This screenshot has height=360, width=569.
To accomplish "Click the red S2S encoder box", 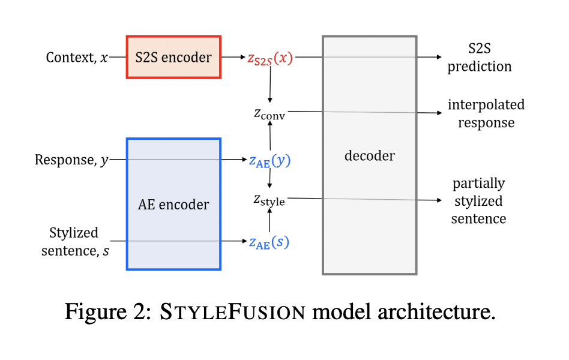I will tap(173, 57).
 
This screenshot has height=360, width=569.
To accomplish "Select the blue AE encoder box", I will tap(173, 204).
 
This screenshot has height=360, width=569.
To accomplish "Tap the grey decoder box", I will tap(369, 155).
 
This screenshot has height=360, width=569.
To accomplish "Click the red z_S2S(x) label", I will tap(270, 58).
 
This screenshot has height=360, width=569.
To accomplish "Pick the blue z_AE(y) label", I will tap(269, 160).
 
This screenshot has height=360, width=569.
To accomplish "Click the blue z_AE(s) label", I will tap(269, 242).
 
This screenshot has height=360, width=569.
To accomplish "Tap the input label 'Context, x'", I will tap(77, 58).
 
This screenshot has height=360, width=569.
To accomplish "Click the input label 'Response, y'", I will tap(72, 160).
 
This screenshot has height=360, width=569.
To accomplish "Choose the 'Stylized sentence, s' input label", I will tap(75, 241).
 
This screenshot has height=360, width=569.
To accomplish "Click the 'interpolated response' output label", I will tap(486, 113).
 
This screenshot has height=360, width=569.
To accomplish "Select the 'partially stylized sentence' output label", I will tap(478, 200).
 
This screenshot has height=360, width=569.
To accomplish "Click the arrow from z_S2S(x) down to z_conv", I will tap(270, 83).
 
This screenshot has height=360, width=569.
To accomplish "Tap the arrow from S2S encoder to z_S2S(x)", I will tap(233, 57).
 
